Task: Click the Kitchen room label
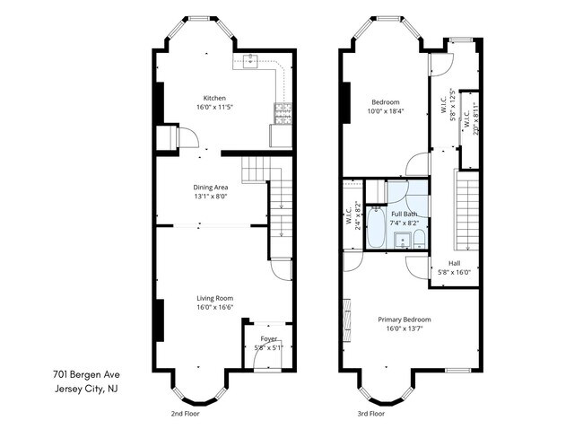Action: [213, 98]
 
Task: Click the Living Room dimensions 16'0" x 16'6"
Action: [213, 307]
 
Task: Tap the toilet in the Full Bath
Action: [419, 239]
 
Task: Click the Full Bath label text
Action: [404, 215]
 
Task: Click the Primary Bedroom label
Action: [404, 320]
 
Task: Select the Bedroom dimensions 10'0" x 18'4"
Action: [386, 111]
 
